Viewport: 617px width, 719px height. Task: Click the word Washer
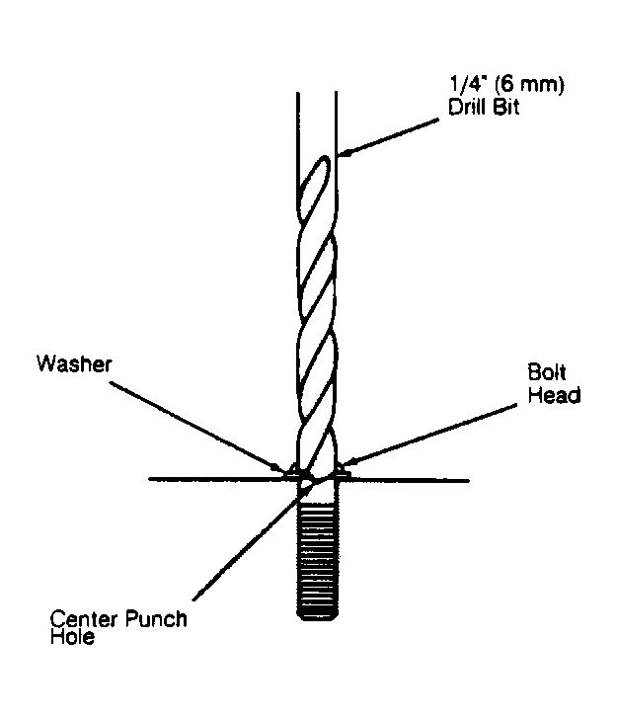pos(74,363)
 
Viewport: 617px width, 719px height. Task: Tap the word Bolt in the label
pos(546,372)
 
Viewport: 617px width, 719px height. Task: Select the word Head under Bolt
pos(554,395)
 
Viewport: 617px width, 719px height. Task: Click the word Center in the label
pos(84,619)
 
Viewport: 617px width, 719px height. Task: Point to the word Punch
pos(156,619)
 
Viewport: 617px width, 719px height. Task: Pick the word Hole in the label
pos(72,636)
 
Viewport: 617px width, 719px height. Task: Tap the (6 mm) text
pos(529,85)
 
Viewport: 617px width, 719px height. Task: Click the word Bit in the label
pos(506,107)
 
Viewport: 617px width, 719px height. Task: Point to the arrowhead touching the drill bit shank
pos(344,153)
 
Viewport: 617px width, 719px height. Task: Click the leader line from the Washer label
pos(195,427)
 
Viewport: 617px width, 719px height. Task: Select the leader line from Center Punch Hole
pos(253,539)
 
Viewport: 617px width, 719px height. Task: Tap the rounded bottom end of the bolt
pos(318,616)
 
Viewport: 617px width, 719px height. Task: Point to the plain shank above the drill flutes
pos(317,122)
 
